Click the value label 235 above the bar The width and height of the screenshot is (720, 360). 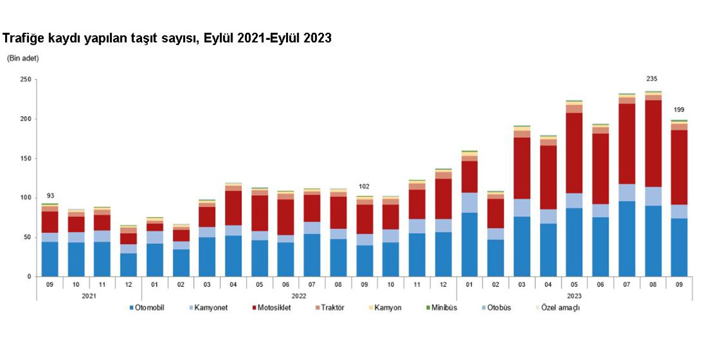pos(652,79)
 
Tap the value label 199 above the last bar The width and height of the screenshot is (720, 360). pos(678,109)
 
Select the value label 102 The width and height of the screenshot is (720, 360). pos(364,187)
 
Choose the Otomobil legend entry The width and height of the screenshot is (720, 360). pos(149,308)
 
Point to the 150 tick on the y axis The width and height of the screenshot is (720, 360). pos(25,159)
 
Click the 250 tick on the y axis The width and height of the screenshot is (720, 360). pos(25,80)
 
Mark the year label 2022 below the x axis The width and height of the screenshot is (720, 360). pos(299,296)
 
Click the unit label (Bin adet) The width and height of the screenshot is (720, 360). pos(23,58)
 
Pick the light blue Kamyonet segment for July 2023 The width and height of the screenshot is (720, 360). pos(627,192)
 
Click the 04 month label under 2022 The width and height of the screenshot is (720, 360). pos(234,285)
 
